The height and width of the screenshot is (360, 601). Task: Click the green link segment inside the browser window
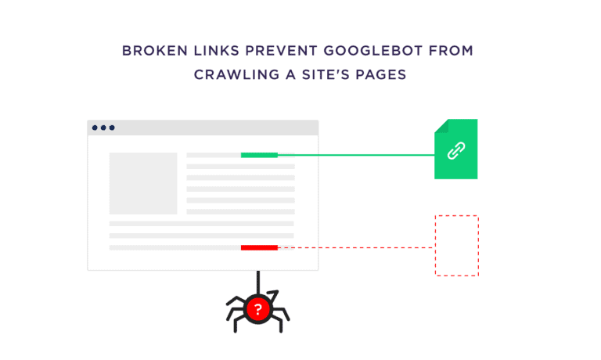coord(259,155)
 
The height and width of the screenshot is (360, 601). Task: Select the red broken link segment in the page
coord(259,247)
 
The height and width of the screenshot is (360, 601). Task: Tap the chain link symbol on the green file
coord(456,151)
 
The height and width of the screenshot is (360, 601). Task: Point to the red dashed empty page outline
coord(456,245)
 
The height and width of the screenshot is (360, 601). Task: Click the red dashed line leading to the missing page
coord(356,247)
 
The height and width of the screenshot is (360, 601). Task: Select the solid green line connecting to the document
coord(356,155)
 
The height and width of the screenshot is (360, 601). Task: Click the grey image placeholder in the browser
coord(143,183)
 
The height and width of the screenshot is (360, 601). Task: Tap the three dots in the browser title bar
coord(103,128)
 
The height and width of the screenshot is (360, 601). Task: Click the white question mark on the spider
coord(258,310)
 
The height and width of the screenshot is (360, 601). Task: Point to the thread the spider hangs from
coord(258,282)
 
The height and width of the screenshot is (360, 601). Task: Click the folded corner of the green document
coord(441,125)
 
